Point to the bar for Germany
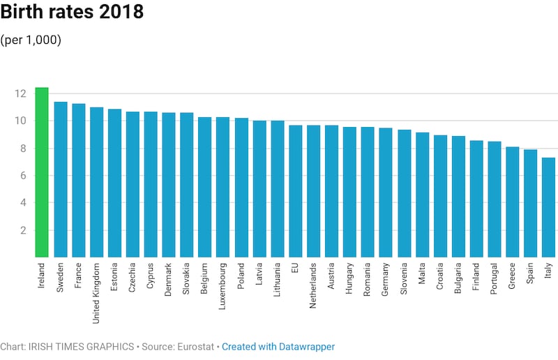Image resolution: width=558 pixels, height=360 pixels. (x=386, y=193)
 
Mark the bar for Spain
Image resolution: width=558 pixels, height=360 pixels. (x=530, y=203)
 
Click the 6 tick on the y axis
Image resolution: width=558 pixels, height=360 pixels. (x=22, y=176)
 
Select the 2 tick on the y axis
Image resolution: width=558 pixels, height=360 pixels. (x=22, y=230)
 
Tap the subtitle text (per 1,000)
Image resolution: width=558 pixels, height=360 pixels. (x=31, y=40)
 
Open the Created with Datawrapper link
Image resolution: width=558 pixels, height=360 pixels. (x=278, y=347)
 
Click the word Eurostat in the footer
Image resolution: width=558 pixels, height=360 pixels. (x=196, y=347)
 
